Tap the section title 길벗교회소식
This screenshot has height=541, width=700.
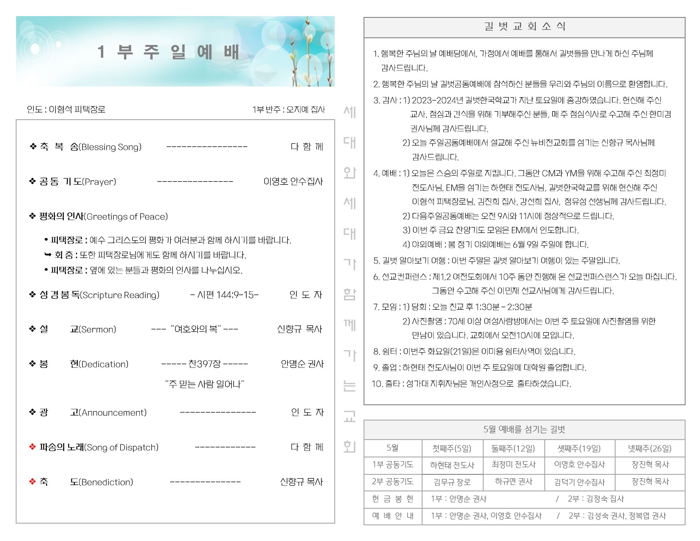[x=524, y=27]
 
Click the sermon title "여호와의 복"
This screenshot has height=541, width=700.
[x=195, y=329]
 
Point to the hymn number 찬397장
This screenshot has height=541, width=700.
[x=204, y=364]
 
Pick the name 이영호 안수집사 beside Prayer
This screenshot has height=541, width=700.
[x=293, y=182]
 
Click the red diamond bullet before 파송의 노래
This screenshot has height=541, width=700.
[x=32, y=447]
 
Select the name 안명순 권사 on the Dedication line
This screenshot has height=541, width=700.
[x=302, y=364]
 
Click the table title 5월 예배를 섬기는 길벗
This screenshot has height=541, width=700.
[x=524, y=429]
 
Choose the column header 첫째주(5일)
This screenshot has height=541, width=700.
[x=452, y=448]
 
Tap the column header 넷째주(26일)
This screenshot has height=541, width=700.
[x=650, y=448]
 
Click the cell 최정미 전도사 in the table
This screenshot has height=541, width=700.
[x=513, y=465]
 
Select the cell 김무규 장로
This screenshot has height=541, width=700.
[x=452, y=482]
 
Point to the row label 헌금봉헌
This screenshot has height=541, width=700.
[x=392, y=499]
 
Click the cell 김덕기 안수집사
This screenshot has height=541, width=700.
[x=579, y=482]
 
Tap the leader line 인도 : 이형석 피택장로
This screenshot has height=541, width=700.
[x=66, y=109]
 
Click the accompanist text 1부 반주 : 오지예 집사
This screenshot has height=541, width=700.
[x=288, y=109]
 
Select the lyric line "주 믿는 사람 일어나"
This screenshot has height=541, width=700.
[x=204, y=384]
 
